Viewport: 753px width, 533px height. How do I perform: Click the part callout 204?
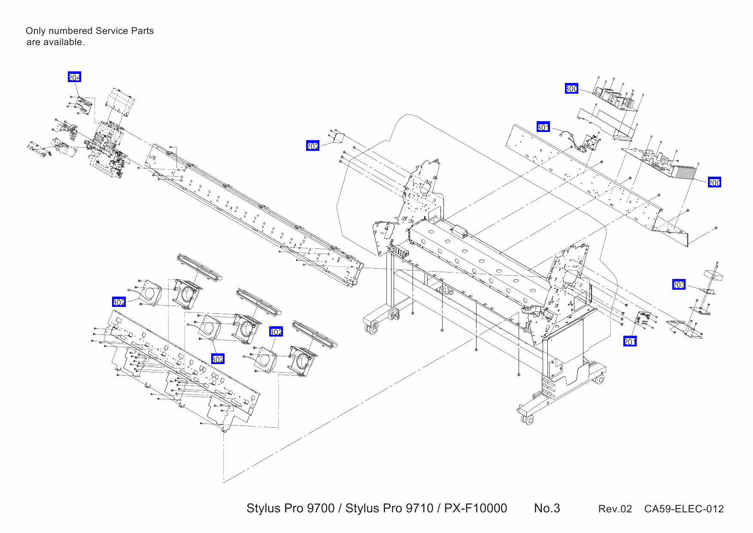pos(74,77)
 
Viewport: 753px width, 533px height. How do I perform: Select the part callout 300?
pos(571,89)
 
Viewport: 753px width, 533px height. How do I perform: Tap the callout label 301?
pos(543,127)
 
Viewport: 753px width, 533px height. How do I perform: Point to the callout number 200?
pos(714,182)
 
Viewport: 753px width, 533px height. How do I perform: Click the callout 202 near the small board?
pos(313,146)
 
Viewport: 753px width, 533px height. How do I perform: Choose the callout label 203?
pos(679,285)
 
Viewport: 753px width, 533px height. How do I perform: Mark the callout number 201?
pos(630,341)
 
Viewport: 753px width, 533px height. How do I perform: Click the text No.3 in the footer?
pos(547,508)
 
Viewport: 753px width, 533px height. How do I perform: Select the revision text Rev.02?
pos(615,509)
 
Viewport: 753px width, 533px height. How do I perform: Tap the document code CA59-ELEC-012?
pos(683,509)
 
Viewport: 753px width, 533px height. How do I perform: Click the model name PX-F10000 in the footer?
pos(475,508)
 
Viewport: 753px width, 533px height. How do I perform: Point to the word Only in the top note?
pos(35,31)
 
